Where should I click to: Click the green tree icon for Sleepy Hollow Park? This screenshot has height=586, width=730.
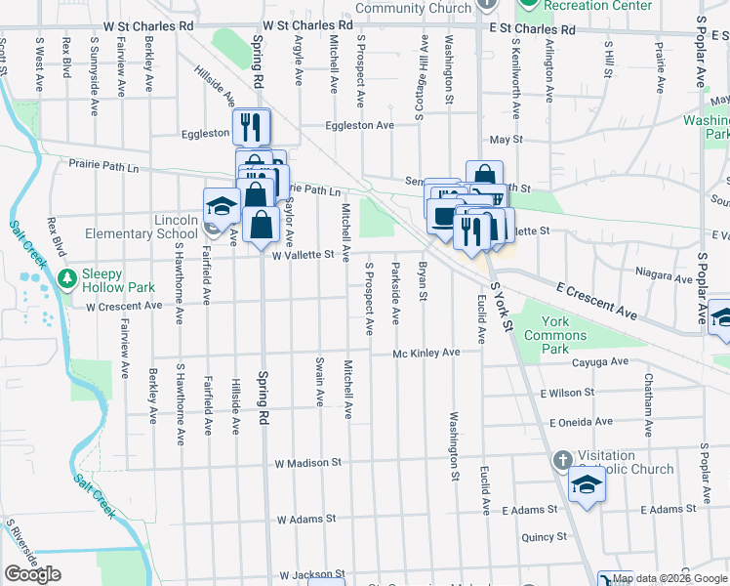67,279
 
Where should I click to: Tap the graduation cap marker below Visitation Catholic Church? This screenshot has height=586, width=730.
588,485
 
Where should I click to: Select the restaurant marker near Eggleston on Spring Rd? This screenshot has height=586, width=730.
252,126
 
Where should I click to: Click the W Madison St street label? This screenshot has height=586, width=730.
307,462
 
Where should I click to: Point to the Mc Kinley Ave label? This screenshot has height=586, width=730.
426,353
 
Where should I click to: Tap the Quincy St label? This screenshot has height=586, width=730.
544,536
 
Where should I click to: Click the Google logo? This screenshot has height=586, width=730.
32,574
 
